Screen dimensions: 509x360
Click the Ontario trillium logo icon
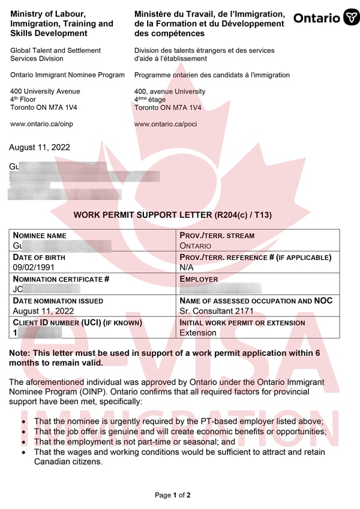[351, 17]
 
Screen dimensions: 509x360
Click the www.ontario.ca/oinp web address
[41, 124]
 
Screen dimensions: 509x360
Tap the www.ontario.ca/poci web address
[166, 124]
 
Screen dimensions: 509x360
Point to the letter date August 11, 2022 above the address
[40, 147]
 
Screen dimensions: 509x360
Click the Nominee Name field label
[40, 236]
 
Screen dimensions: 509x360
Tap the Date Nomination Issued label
[58, 301]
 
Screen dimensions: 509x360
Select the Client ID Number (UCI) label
[77, 322]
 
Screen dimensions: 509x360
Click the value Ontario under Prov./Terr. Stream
[196, 245]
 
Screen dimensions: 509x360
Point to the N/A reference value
[187, 267]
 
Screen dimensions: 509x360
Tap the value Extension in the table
[198, 333]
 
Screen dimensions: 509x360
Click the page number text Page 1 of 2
[173, 495]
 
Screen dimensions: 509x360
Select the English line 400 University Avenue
[45, 92]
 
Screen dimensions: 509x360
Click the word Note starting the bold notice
[20, 353]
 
